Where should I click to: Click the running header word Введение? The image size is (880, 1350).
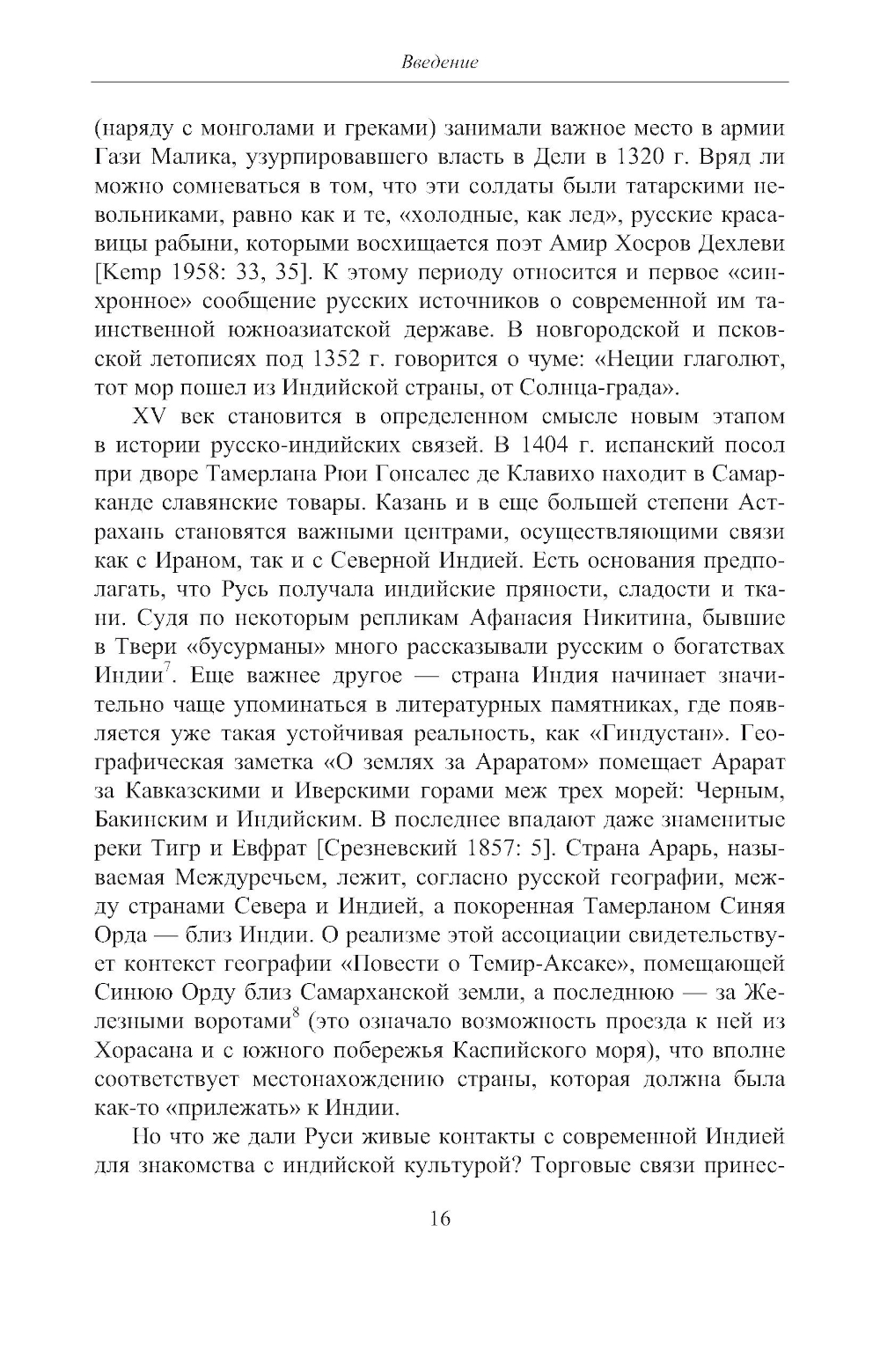click(x=439, y=62)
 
